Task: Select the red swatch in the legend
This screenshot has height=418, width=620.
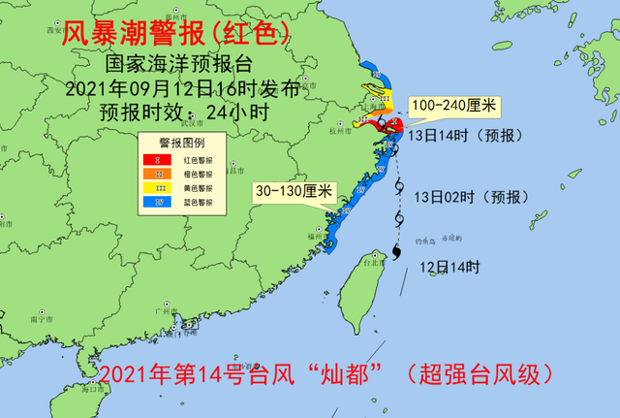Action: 148,160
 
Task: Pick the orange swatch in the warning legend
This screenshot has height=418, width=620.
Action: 148,174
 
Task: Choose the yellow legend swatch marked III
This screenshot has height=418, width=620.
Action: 148,187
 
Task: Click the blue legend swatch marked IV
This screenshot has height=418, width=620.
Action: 148,202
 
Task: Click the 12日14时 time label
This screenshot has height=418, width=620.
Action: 449,267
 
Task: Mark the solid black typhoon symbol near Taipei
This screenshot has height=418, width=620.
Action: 398,254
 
